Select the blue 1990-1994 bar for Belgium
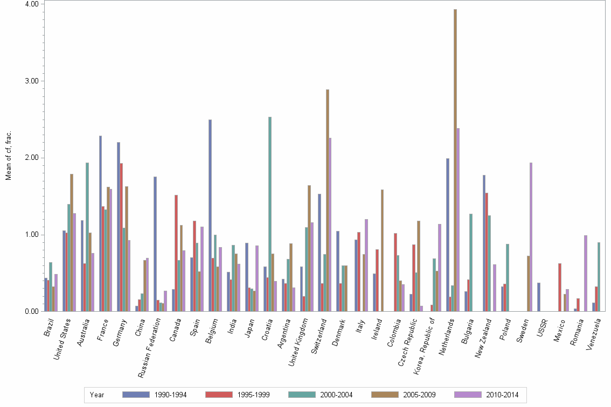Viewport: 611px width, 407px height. click(x=210, y=215)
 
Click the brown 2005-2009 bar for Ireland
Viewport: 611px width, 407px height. click(x=382, y=250)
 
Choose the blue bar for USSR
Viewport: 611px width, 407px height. click(x=539, y=297)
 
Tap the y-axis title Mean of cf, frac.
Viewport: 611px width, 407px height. click(x=8, y=156)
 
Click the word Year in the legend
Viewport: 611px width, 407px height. click(x=98, y=395)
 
